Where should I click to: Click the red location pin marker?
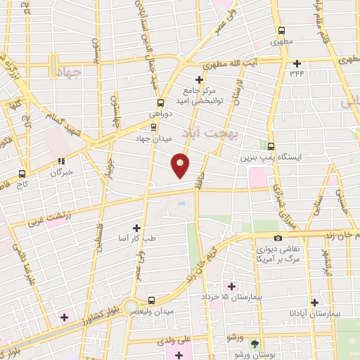181,165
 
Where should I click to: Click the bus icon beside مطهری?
281,30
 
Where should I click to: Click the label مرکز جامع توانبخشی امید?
202,96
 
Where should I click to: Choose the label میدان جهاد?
154,139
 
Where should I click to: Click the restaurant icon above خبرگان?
60,159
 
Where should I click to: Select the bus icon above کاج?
23,172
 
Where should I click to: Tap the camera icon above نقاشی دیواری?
279,238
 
